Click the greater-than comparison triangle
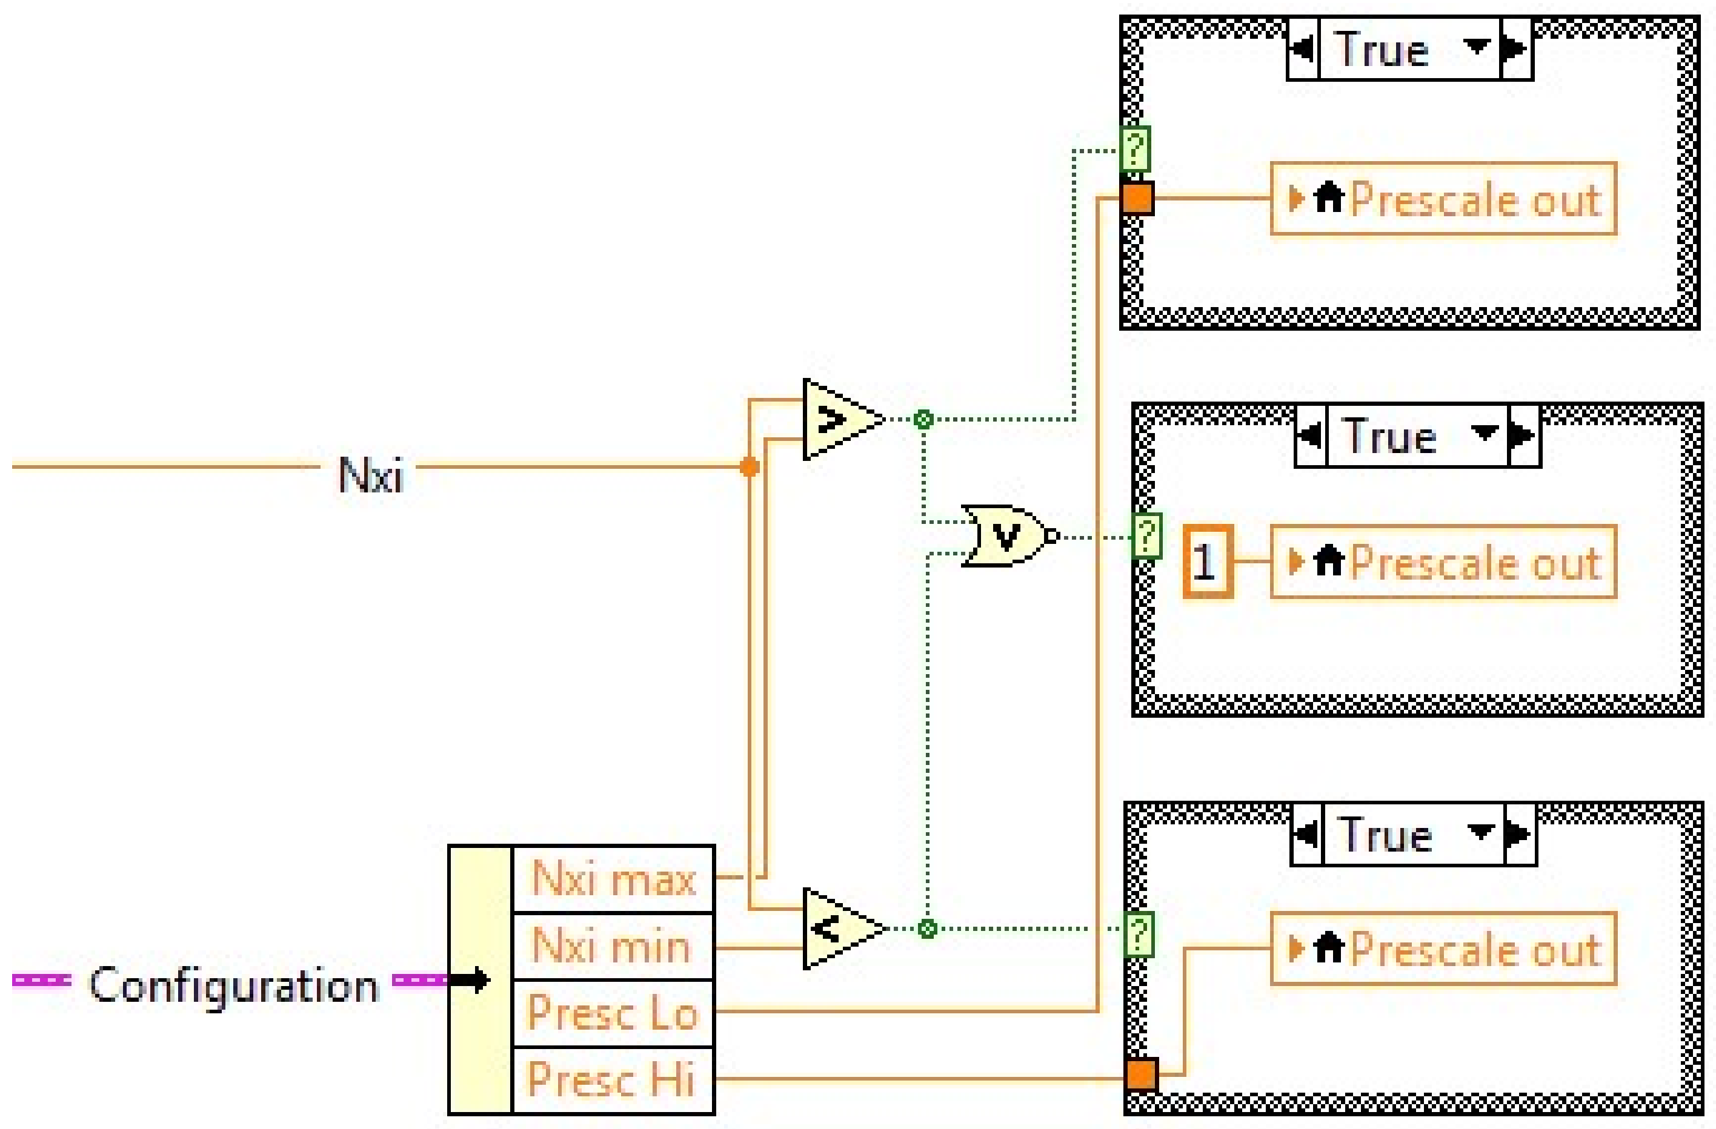pyautogui.click(x=838, y=419)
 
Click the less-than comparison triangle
pyautogui.click(x=838, y=929)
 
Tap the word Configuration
pyautogui.click(x=233, y=985)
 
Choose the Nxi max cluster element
pyautogui.click(x=613, y=879)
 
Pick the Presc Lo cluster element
pyautogui.click(x=613, y=1012)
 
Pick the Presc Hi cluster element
pyautogui.click(x=611, y=1079)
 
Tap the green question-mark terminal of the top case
pyautogui.click(x=1135, y=149)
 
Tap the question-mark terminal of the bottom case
pyautogui.click(x=1139, y=935)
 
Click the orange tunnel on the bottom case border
pyautogui.click(x=1140, y=1074)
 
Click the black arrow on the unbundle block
pyautogui.click(x=471, y=980)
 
